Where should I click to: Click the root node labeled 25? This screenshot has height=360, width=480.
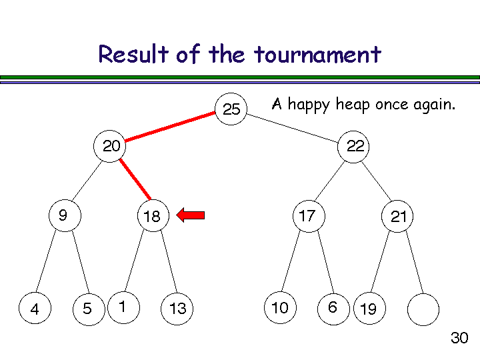pos(231,109)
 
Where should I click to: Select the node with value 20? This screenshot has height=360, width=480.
pos(111,146)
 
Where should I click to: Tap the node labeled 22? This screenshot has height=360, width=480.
pos(355,146)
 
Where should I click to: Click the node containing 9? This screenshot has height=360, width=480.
pos(64,215)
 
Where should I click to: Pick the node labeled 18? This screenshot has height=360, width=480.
pos(152,216)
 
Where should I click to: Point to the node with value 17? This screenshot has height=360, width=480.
pos(307,215)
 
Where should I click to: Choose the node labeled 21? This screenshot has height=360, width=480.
pos(398,216)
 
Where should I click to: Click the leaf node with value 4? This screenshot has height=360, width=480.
pos(35,309)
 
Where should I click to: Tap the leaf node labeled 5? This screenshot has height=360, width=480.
pos(88,309)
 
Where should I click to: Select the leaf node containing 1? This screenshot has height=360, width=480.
pos(123,307)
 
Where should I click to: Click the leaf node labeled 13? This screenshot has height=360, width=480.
pos(177,309)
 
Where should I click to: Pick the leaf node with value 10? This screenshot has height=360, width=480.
pos(280,307)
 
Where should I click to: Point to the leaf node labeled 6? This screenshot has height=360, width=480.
pos(333,307)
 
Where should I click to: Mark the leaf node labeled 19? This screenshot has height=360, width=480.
pos(368,309)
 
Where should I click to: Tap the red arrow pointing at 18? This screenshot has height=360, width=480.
pos(191,215)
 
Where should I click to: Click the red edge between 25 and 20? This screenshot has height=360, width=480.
pos(171,127)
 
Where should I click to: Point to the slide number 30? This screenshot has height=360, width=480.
pos(459,338)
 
